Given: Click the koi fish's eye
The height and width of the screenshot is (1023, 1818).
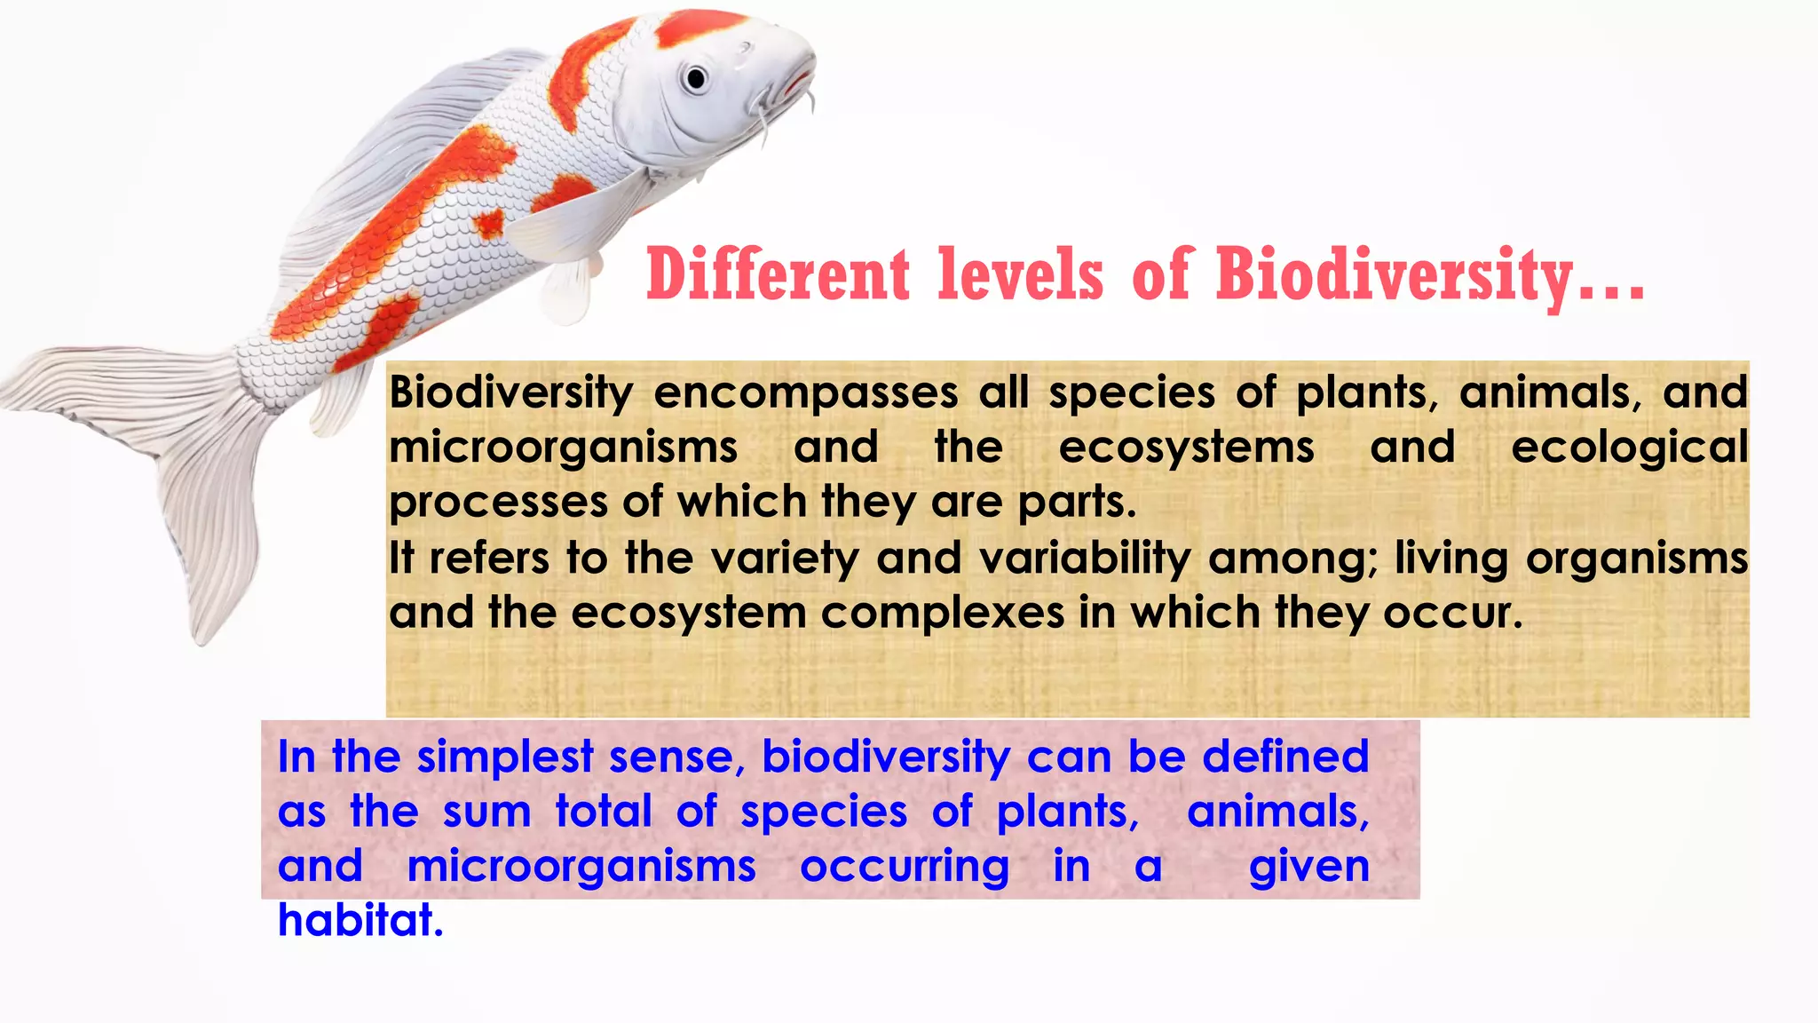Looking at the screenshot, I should coord(696,79).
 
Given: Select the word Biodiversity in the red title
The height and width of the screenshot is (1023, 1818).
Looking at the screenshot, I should coord(1394,274).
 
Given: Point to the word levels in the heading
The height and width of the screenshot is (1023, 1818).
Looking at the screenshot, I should coord(1021,274).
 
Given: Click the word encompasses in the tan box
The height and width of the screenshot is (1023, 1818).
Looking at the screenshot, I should coord(806,393).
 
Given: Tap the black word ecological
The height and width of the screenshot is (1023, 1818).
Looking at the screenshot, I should coord(1629,447).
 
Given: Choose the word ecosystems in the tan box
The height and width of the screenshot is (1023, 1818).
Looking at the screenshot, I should coord(1186,447).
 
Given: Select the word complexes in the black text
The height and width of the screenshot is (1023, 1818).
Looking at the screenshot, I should coord(942,613).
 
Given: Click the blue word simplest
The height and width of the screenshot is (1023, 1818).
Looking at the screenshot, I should coord(504,757).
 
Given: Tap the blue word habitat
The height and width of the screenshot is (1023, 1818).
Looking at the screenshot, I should coord(360,920).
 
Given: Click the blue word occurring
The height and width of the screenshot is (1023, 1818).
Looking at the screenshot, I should coord(904,867).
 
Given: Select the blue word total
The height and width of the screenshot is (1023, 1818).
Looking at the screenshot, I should coord(604,812).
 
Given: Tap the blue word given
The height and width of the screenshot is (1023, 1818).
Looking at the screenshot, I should coord(1308,867).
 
